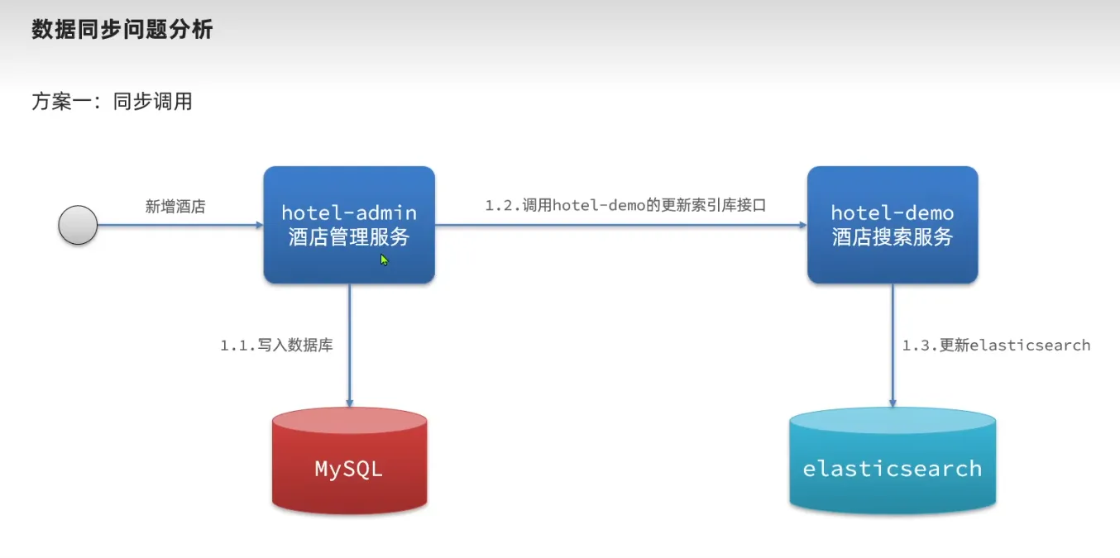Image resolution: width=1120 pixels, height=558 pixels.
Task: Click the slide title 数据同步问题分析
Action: [122, 31]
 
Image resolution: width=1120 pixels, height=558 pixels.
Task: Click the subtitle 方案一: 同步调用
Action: [112, 102]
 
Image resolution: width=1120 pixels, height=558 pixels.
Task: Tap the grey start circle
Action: [78, 225]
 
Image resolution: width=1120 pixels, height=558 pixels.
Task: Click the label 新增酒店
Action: [175, 207]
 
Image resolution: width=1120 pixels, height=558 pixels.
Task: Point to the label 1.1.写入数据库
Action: [276, 346]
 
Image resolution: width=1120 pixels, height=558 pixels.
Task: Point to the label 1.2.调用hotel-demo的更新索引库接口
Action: [625, 205]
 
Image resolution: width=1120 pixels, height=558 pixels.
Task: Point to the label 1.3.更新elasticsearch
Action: [996, 346]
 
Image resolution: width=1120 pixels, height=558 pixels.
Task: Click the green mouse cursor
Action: [385, 260]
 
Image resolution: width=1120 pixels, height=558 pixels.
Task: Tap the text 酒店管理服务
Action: [349, 237]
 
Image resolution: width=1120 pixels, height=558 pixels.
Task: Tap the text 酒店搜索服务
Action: [893, 237]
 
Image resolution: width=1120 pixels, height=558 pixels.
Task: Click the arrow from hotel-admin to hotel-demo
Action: [620, 225]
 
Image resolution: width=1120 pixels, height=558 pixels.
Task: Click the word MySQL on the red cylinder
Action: [349, 470]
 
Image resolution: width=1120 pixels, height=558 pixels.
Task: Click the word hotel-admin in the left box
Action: [349, 212]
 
